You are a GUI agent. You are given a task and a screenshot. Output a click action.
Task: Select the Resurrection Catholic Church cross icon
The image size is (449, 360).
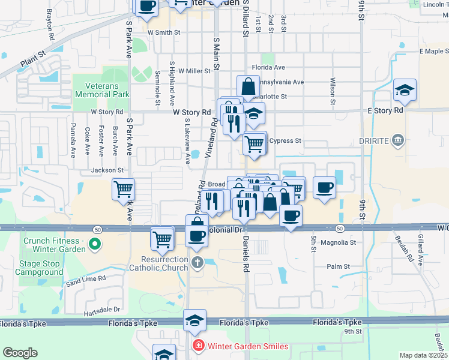[197, 262]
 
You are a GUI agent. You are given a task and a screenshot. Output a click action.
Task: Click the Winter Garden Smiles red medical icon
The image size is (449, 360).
[197, 346]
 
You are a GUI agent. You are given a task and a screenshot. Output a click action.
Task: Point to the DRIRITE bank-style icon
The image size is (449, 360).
[397, 141]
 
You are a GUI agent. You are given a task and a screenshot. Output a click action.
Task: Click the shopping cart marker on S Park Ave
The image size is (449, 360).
[123, 189]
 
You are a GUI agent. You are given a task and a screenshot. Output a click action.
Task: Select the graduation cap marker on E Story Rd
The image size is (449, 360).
[405, 91]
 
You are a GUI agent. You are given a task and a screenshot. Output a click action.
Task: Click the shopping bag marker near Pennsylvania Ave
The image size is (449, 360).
[248, 86]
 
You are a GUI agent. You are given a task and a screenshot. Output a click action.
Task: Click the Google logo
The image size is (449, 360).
[20, 353]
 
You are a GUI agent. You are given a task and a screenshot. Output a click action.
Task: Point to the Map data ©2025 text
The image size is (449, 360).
[423, 355]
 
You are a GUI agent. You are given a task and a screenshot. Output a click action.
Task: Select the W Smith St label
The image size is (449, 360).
[163, 32]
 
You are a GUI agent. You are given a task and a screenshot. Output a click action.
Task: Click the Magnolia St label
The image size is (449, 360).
[339, 242]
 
